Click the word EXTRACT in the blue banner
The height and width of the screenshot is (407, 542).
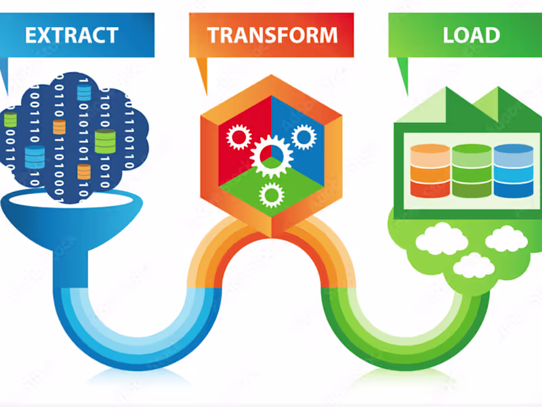(x=71, y=35)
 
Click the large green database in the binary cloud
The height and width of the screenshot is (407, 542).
(x=105, y=141)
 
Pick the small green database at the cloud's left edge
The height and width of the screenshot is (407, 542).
(x=10, y=121)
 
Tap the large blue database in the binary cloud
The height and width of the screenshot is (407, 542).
(x=35, y=157)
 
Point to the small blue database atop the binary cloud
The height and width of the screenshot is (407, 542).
(x=84, y=92)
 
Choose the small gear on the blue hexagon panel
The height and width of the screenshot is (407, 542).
(x=303, y=136)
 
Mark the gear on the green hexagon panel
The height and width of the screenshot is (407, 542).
(x=271, y=195)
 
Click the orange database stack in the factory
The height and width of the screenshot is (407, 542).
(x=430, y=171)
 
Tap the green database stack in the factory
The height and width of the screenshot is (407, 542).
(x=471, y=171)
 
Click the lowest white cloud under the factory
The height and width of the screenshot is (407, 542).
(x=473, y=265)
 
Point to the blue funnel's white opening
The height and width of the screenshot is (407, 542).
(x=71, y=199)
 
